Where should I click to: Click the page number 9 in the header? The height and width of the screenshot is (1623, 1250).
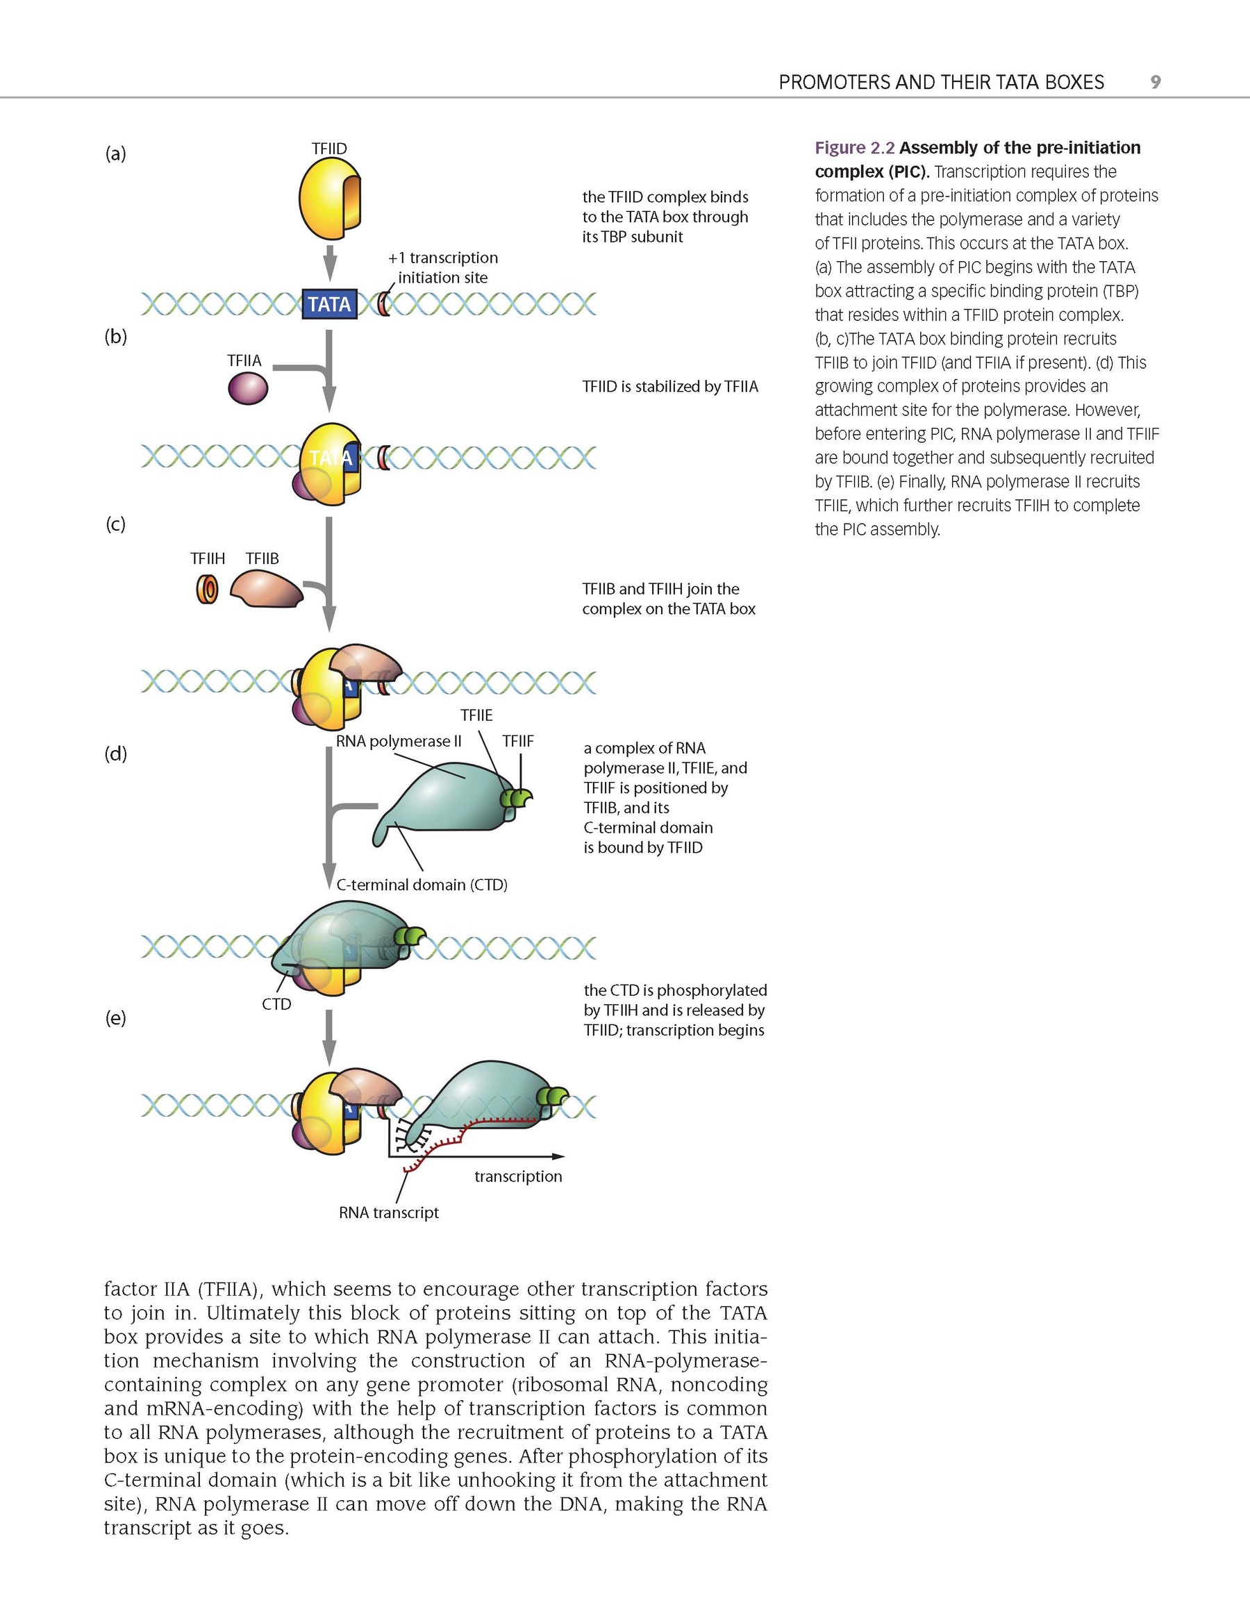coord(1155,82)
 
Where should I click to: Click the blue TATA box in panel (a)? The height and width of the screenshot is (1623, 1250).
coord(329,305)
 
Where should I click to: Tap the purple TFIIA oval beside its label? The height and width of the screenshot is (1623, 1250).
coord(247,388)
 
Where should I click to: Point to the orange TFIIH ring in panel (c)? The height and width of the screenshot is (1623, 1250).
coord(208,590)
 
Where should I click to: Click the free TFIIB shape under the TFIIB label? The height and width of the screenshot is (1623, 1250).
coord(266,590)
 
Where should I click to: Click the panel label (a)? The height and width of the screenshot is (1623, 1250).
coord(115,154)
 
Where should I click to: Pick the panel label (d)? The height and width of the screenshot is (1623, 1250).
coord(115,754)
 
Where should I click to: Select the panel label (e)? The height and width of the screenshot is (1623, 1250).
coord(115,1018)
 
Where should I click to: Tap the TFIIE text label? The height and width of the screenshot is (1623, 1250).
coord(476,715)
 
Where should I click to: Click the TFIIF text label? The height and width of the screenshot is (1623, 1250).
coord(518,741)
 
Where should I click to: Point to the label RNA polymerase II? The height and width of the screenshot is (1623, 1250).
coord(399,741)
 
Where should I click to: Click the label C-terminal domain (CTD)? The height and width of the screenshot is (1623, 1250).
coord(422,885)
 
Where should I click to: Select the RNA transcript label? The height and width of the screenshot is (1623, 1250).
coord(389,1213)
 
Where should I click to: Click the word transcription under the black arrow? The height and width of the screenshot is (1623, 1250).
coord(518,1176)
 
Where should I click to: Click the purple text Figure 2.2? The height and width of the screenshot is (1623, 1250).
coord(854,148)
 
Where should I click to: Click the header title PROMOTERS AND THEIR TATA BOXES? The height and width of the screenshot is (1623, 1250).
coord(941,82)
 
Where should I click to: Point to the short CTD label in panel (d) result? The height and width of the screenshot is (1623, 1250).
coord(276,1004)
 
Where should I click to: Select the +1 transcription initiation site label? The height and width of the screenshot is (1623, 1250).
coord(443,267)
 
